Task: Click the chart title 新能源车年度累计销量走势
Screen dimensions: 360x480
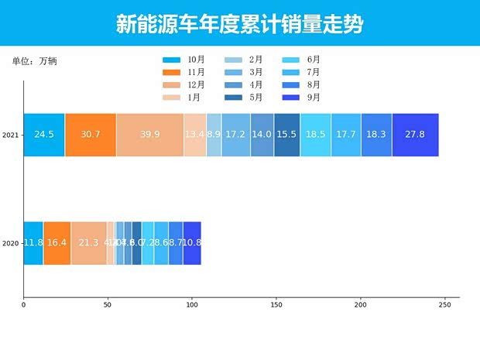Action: tap(239, 24)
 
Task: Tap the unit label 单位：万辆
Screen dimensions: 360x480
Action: tap(34, 60)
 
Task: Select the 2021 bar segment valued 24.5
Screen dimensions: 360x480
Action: tap(44, 135)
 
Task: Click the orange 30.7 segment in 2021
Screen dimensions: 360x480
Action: tap(91, 135)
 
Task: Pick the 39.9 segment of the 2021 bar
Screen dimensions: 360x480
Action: tap(150, 135)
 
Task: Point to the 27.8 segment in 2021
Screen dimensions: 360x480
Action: tap(415, 135)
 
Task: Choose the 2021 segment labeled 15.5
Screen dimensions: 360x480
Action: tap(286, 135)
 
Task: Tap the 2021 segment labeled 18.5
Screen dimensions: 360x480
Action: tap(315, 135)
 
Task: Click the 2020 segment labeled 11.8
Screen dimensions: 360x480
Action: tap(33, 243)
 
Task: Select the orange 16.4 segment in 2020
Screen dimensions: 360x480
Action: tap(57, 243)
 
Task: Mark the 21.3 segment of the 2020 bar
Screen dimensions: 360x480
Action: tap(88, 243)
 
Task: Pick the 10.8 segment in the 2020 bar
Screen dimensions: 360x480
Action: tap(192, 243)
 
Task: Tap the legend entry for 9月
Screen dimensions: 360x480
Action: tap(302, 98)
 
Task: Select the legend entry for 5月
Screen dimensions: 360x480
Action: tap(243, 98)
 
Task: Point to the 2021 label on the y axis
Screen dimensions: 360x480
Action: tap(10, 135)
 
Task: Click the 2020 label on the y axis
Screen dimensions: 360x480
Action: tap(10, 244)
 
